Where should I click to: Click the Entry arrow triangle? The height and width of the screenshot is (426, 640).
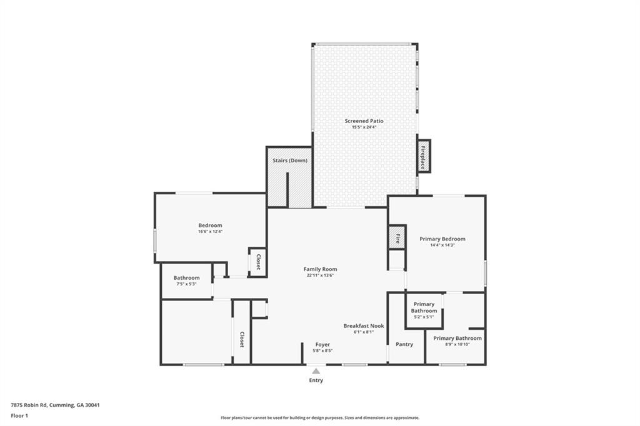316,371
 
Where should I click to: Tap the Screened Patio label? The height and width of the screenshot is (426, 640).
364,121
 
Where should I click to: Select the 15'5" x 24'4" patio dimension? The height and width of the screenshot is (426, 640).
364,127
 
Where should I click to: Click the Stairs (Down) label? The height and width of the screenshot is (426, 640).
290,161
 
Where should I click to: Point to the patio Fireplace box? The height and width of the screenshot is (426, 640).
424,156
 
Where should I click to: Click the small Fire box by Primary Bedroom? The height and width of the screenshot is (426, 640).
396,236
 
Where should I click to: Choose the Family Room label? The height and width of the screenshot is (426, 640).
320,269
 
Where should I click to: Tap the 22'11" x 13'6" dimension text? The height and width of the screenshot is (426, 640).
321,275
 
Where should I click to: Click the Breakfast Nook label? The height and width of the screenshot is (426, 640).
364,325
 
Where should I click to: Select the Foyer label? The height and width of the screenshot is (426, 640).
322,344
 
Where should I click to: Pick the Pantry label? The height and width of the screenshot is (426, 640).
404,344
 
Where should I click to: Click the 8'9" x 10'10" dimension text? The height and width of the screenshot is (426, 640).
457,344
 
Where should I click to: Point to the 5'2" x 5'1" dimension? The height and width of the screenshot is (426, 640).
424,317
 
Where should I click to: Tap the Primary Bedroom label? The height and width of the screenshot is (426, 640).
442,239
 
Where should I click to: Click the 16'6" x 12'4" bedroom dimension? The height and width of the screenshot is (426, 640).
210,232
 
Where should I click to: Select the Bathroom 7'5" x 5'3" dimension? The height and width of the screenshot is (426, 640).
186,284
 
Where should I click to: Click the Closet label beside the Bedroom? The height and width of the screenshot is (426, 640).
258,262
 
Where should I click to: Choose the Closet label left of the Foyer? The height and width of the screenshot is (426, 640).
242,340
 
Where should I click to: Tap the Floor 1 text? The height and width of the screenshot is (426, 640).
19,416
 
